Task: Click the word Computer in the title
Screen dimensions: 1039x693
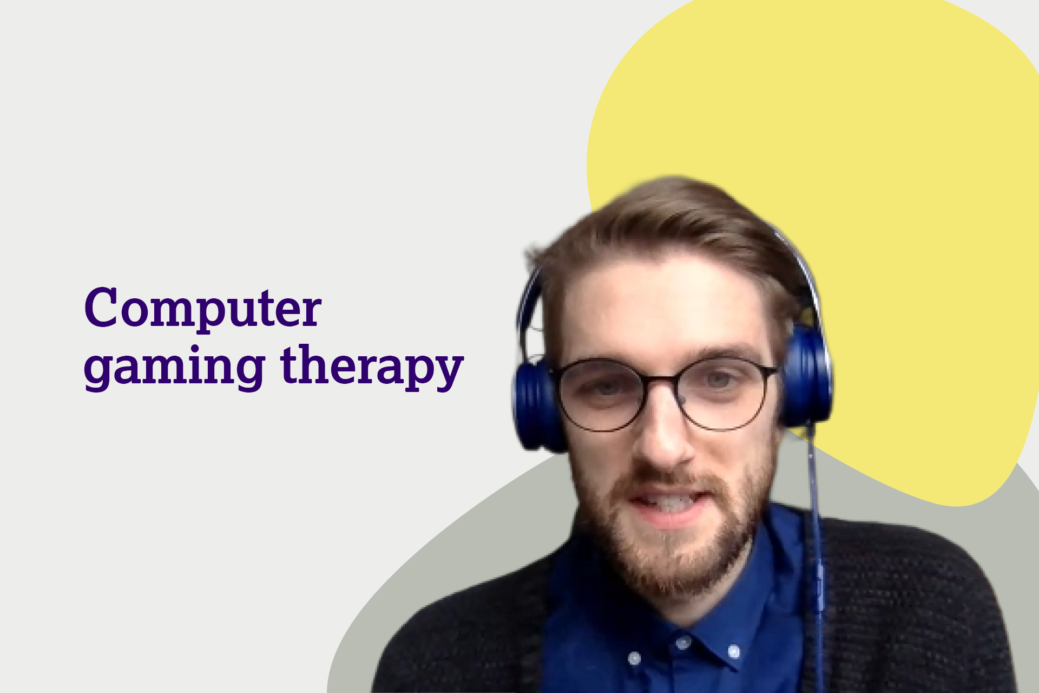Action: pos(203,308)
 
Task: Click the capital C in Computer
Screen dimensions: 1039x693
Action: pos(101,307)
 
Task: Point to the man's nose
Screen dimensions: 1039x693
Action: pos(665,433)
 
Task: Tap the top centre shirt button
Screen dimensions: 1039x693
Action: pos(682,643)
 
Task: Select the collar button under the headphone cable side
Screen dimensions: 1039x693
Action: pos(734,650)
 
